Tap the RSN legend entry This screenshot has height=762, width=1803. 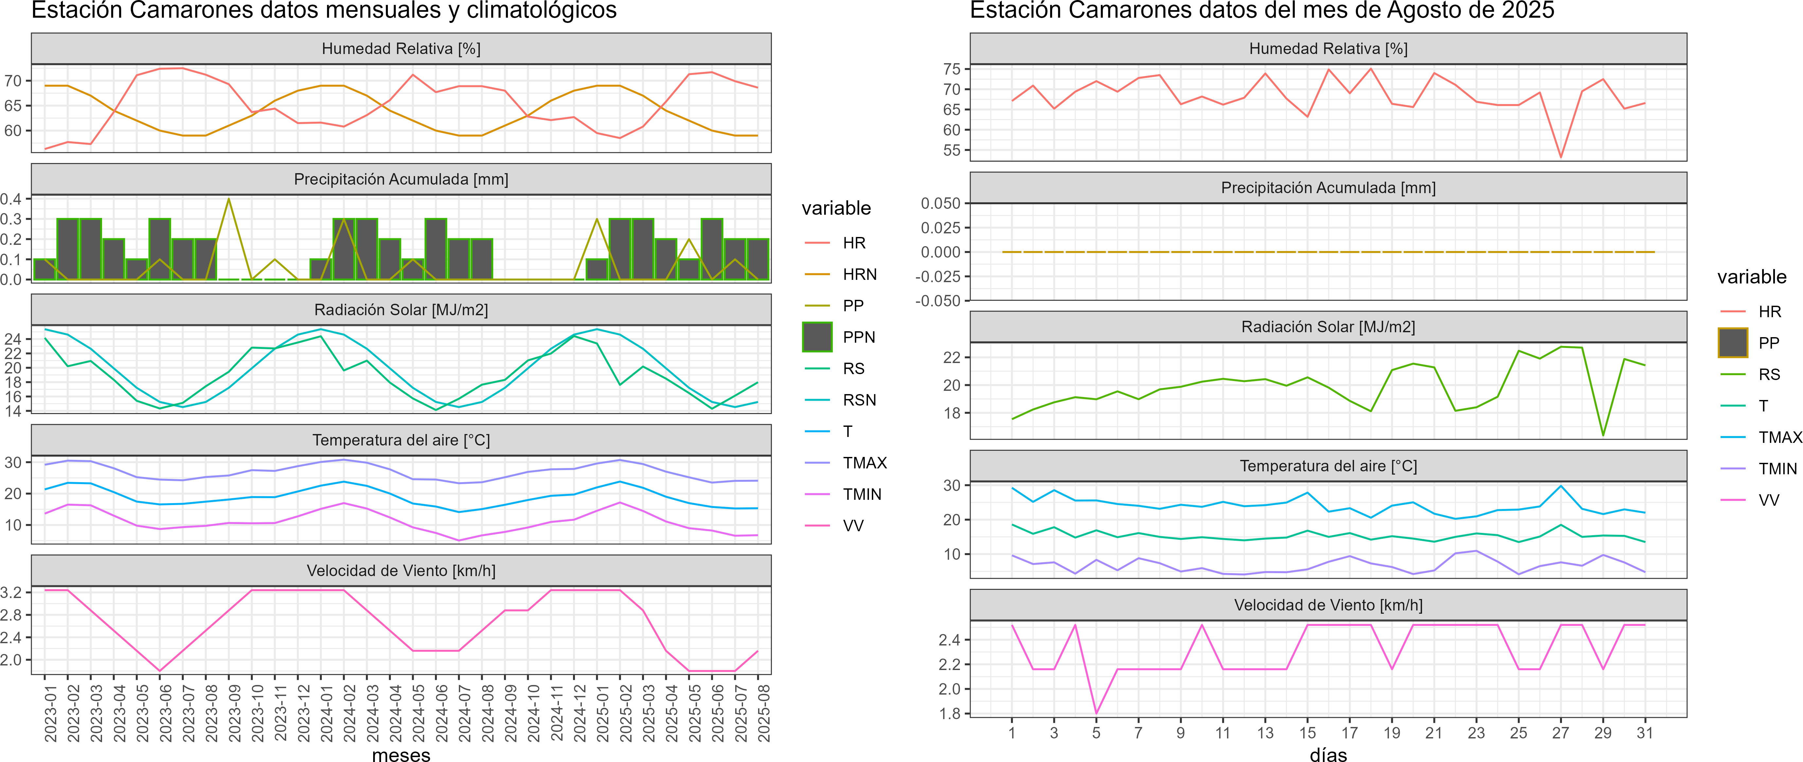[x=859, y=400]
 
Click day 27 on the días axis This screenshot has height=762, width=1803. [x=1560, y=733]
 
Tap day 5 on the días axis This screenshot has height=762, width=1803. [x=1096, y=733]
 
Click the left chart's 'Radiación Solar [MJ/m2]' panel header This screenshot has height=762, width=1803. [x=401, y=310]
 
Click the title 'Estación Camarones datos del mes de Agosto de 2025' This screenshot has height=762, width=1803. [x=1261, y=10]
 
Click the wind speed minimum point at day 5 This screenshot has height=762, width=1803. [x=1096, y=713]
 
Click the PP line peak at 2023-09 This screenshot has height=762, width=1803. [x=229, y=199]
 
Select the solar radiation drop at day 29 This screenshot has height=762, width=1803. [x=1603, y=435]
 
